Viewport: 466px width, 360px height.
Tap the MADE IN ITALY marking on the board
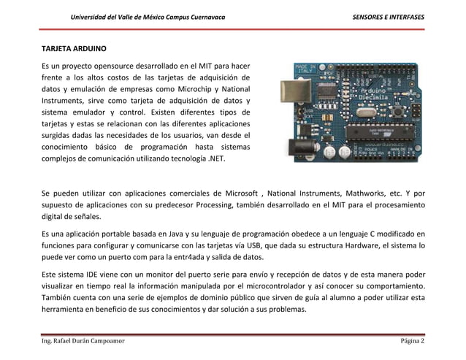305,69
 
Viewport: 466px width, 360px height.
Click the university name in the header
147,17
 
